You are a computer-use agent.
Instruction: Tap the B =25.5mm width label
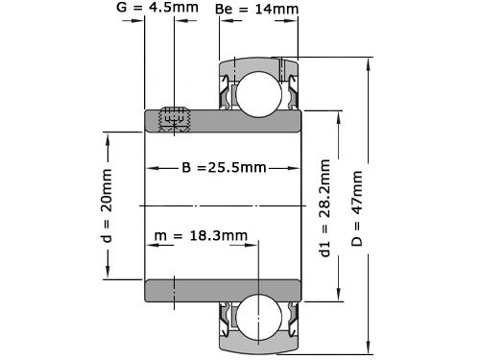[224, 167]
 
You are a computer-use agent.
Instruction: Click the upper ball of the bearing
[257, 92]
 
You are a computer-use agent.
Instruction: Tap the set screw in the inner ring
[173, 118]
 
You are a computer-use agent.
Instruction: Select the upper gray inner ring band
[223, 121]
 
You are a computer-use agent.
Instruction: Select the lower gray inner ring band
[223, 289]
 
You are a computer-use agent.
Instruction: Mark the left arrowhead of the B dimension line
[151, 167]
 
